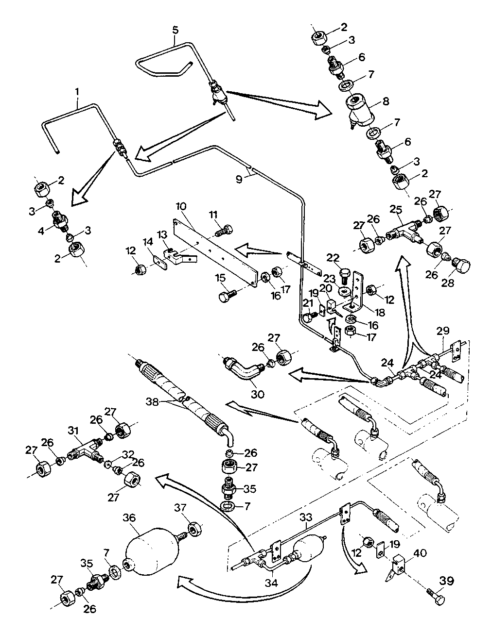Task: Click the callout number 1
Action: tap(77, 92)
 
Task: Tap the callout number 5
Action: tap(176, 31)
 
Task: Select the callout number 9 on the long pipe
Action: tap(239, 180)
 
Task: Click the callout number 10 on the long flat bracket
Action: tap(181, 206)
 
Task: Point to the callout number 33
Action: tap(305, 517)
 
